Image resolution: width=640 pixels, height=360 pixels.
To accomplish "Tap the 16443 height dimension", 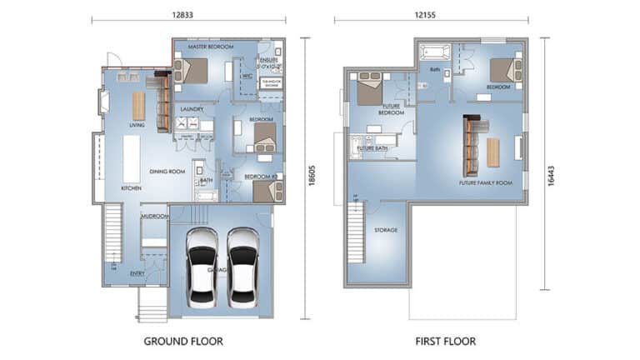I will (x=552, y=163).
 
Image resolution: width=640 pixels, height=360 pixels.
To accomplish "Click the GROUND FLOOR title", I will (x=183, y=341).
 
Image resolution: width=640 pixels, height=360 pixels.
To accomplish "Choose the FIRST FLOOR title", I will (x=446, y=341).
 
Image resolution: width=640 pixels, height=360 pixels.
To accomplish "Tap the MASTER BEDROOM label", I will (x=210, y=47).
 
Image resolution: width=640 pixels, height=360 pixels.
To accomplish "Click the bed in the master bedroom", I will (x=193, y=71).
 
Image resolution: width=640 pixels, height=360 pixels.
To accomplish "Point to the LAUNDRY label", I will (x=192, y=109).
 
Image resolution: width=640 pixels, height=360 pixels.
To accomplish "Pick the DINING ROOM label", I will (x=167, y=172).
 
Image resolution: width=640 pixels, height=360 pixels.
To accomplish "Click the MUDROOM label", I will (x=155, y=217).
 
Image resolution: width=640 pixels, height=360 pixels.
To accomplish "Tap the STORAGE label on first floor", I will (x=385, y=229).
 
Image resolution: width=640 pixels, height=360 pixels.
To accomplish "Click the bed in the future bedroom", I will (x=370, y=90).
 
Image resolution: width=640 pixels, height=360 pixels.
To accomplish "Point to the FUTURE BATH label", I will (x=371, y=147).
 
